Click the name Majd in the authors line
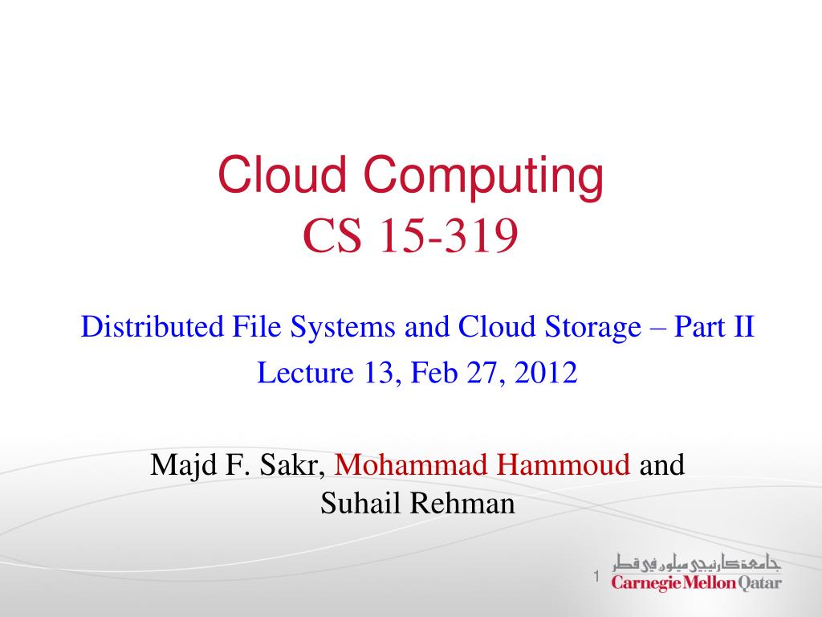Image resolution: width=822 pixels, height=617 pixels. point(179,464)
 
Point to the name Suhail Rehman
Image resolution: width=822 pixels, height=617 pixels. point(417,504)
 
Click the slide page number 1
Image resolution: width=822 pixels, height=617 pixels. point(596,576)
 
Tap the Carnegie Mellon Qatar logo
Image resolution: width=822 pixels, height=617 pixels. point(696,573)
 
